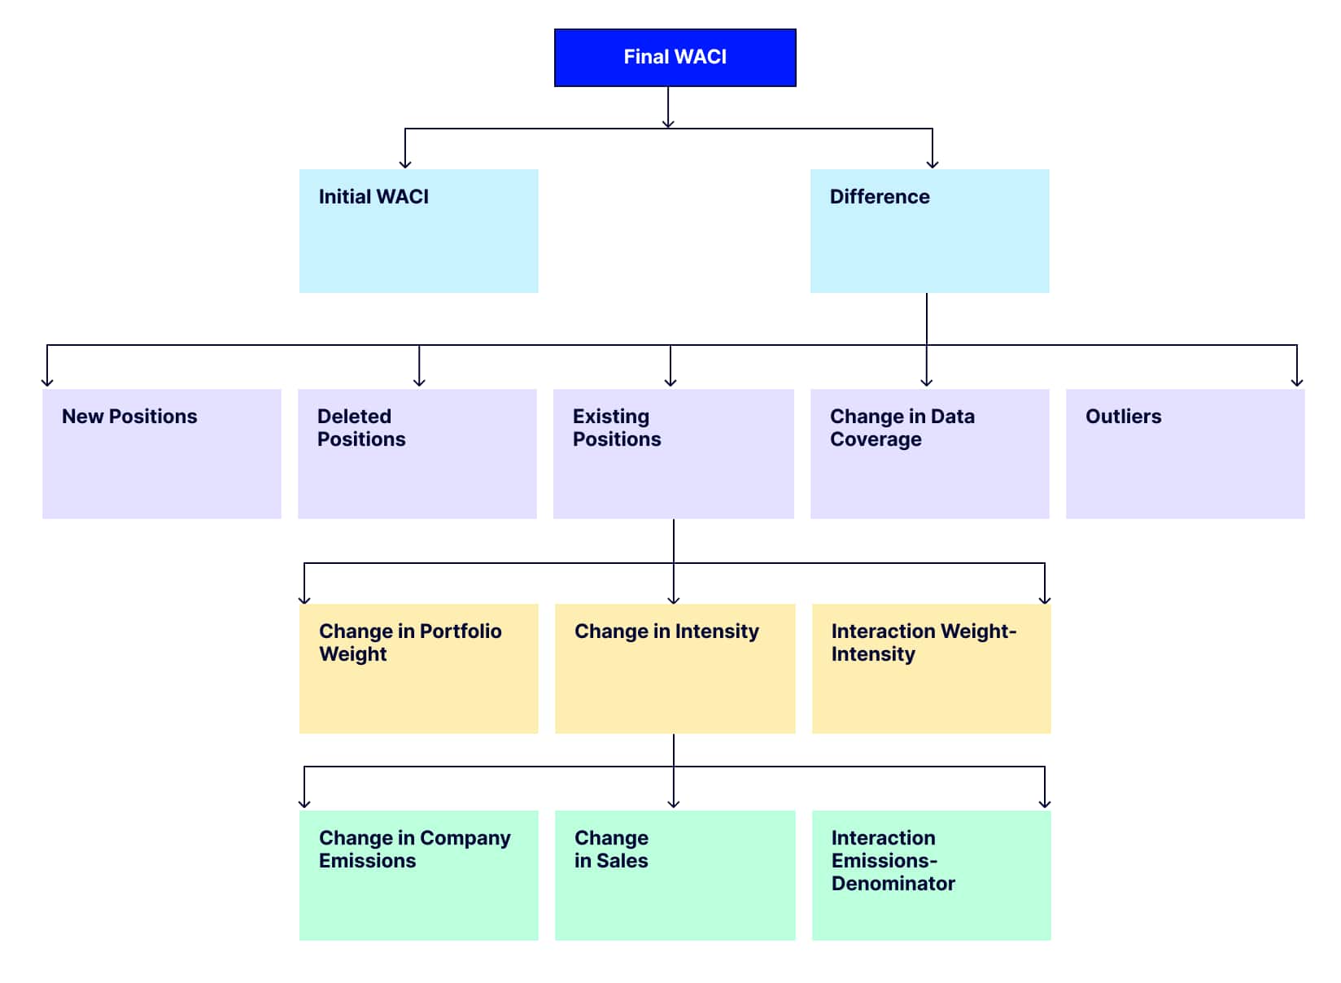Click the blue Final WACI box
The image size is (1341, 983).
(x=675, y=58)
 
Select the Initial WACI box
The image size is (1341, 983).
(x=418, y=231)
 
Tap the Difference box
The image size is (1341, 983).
(x=930, y=231)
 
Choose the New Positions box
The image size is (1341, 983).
(x=162, y=454)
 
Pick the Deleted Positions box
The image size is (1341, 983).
(x=417, y=454)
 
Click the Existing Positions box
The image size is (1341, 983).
(x=674, y=454)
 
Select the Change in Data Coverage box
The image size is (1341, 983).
(x=930, y=454)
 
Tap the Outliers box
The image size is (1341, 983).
(x=1186, y=454)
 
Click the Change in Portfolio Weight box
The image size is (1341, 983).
(x=418, y=669)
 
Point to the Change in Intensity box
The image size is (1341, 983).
(x=675, y=669)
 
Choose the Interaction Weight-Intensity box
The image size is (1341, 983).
(x=932, y=669)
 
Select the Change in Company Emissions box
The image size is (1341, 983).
(x=418, y=876)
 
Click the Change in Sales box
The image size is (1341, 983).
(x=675, y=876)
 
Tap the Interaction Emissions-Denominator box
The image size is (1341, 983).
(x=932, y=876)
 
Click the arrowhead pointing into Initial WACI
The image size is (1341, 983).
(x=405, y=164)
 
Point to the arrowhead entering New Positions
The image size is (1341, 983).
(x=47, y=382)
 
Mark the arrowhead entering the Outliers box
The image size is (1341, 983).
(x=1297, y=382)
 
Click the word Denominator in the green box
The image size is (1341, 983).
(x=893, y=884)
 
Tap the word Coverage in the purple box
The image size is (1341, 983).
(x=876, y=440)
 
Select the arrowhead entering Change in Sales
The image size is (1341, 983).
(x=674, y=803)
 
